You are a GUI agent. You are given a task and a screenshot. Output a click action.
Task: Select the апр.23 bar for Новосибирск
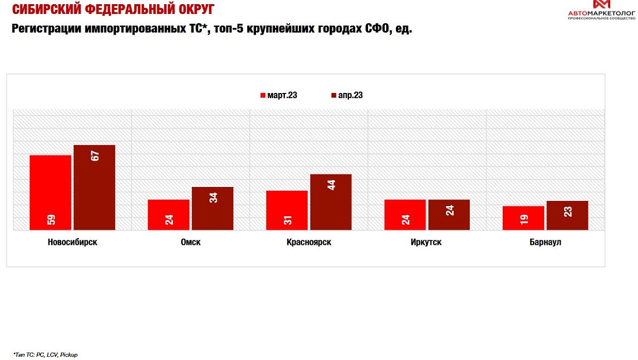pyautogui.click(x=94, y=187)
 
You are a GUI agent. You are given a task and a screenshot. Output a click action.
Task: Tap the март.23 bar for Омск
pyautogui.click(x=168, y=214)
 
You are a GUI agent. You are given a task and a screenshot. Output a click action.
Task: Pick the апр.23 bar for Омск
pyautogui.click(x=212, y=208)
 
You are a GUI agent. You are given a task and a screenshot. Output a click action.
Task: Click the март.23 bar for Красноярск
pyautogui.click(x=286, y=210)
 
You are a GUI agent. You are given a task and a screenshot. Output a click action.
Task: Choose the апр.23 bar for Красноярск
pyautogui.click(x=331, y=202)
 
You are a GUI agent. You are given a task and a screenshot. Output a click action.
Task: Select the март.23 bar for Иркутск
pyautogui.click(x=405, y=214)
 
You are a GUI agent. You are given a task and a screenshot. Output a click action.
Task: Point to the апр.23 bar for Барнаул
pyautogui.click(x=567, y=215)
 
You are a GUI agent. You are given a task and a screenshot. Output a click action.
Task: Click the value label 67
pyautogui.click(x=95, y=154)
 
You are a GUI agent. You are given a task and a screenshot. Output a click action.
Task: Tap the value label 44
pyautogui.click(x=331, y=184)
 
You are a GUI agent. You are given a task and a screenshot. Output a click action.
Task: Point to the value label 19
pyautogui.click(x=524, y=218)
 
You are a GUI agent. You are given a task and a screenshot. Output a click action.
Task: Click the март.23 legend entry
pyautogui.click(x=279, y=96)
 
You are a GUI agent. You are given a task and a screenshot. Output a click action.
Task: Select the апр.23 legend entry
pyautogui.click(x=346, y=96)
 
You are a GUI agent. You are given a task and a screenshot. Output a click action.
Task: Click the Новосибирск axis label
pyautogui.click(x=72, y=242)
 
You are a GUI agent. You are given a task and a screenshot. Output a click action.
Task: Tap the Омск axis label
pyautogui.click(x=190, y=242)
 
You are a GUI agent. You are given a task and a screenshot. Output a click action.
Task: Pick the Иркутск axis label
pyautogui.click(x=427, y=242)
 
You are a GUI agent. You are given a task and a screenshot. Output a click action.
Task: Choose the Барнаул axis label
pyautogui.click(x=545, y=242)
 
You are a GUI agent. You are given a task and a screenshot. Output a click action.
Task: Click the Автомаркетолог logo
pyautogui.click(x=601, y=10)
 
